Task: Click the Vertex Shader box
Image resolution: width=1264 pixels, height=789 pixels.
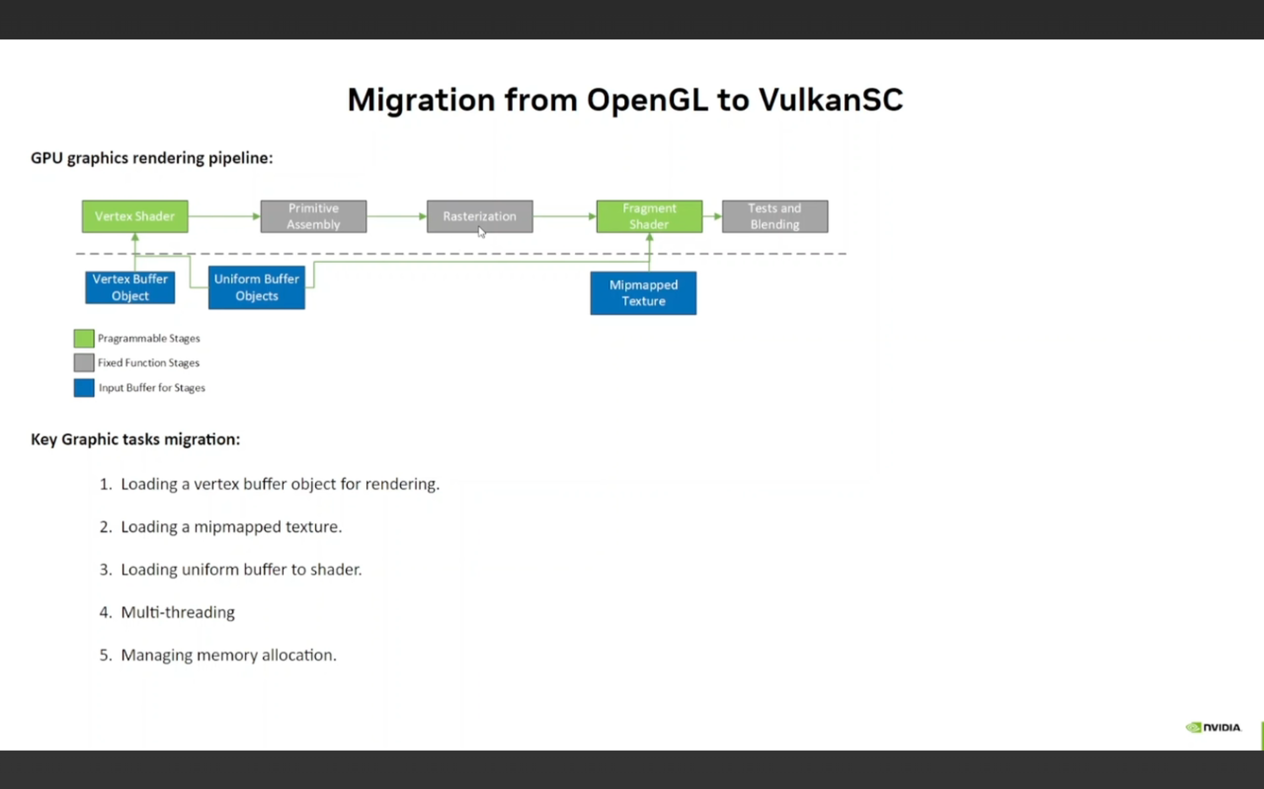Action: [135, 216]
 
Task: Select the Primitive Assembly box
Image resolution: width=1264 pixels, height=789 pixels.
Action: [313, 216]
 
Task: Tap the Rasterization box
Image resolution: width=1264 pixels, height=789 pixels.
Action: [480, 216]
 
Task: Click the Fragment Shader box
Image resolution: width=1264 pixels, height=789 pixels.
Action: [649, 216]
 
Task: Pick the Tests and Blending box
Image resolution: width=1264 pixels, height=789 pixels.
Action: [775, 216]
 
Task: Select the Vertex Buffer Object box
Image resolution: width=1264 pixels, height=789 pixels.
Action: [130, 287]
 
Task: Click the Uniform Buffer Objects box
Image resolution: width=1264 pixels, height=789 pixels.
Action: [256, 288]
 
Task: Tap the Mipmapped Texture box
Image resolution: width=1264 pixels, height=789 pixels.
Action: [643, 293]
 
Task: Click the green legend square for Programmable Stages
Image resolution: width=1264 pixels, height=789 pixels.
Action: [83, 338]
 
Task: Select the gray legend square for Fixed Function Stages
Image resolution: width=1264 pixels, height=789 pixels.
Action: [83, 363]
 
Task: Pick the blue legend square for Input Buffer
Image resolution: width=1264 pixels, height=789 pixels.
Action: [83, 388]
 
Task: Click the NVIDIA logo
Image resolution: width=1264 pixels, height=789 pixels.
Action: [1213, 727]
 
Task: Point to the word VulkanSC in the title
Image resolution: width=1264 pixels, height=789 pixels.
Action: [830, 99]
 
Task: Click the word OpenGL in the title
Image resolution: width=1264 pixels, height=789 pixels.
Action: [647, 99]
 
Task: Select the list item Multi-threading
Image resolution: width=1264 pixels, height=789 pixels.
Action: [178, 612]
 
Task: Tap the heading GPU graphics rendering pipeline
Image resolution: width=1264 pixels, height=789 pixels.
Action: [152, 157]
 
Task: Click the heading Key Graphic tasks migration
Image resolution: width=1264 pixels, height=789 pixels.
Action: [135, 439]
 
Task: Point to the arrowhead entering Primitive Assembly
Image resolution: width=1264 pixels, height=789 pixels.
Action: [256, 216]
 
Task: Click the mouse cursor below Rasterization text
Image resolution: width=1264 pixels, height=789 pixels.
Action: [481, 232]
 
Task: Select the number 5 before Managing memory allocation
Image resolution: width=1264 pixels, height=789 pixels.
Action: [106, 655]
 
